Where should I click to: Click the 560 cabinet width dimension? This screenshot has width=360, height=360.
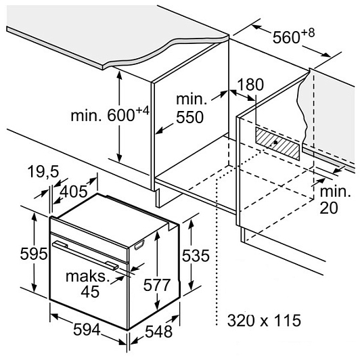click(294, 36)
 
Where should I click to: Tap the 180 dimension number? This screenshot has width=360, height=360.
click(250, 85)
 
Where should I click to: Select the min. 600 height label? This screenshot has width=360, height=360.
click(110, 114)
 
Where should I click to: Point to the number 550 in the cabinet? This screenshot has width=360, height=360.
click(189, 117)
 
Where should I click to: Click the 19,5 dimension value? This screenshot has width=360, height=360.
click(43, 171)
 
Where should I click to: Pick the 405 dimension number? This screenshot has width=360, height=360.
click(74, 192)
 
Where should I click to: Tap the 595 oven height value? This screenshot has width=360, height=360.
click(34, 254)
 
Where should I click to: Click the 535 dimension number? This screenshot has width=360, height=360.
click(196, 255)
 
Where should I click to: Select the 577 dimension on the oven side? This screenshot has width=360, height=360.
click(157, 285)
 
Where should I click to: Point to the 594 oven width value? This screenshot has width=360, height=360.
click(87, 330)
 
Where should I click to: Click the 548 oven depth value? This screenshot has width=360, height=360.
click(159, 332)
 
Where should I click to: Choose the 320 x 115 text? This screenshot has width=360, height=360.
click(264, 320)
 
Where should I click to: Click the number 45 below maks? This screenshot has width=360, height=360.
click(90, 292)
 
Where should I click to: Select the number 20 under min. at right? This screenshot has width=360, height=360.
click(329, 208)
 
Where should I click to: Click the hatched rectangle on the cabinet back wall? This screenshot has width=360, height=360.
click(277, 143)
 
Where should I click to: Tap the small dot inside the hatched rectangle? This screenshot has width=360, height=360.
click(275, 143)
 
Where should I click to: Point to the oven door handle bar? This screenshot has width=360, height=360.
click(85, 254)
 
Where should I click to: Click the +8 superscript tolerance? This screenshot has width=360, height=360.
click(308, 33)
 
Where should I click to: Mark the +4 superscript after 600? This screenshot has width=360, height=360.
click(143, 111)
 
